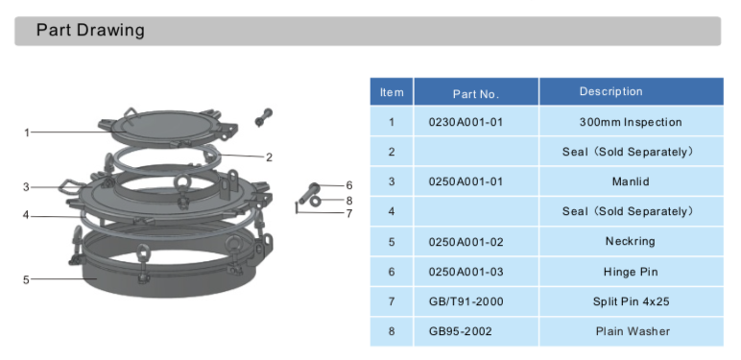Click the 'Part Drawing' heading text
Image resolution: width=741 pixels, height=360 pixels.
pos(90,31)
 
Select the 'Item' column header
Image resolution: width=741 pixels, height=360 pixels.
pos(392,93)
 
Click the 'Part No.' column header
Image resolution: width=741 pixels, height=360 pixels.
pos(476,93)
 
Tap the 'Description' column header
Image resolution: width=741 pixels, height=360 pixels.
pos(610,92)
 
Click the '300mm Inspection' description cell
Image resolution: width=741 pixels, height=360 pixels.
pos(631,122)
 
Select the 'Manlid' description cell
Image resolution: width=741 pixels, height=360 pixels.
pos(631,181)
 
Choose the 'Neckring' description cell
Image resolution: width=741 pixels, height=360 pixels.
pos(631,242)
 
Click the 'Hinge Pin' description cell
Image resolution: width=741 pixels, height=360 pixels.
pos(631,272)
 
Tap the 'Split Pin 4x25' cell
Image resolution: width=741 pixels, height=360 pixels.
pos(631,301)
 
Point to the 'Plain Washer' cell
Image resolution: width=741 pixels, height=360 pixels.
pos(631,331)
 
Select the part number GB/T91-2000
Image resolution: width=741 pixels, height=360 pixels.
pos(466,301)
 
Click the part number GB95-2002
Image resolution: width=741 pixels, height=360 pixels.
pos(462,331)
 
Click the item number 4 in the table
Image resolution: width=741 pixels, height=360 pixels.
pos(392,211)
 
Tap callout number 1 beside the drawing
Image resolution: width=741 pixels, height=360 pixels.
pos(27,132)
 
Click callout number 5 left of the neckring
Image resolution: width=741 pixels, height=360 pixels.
pos(27,279)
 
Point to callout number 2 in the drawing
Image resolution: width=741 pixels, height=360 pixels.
pos(269,156)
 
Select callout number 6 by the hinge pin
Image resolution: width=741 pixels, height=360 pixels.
pos(349,185)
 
